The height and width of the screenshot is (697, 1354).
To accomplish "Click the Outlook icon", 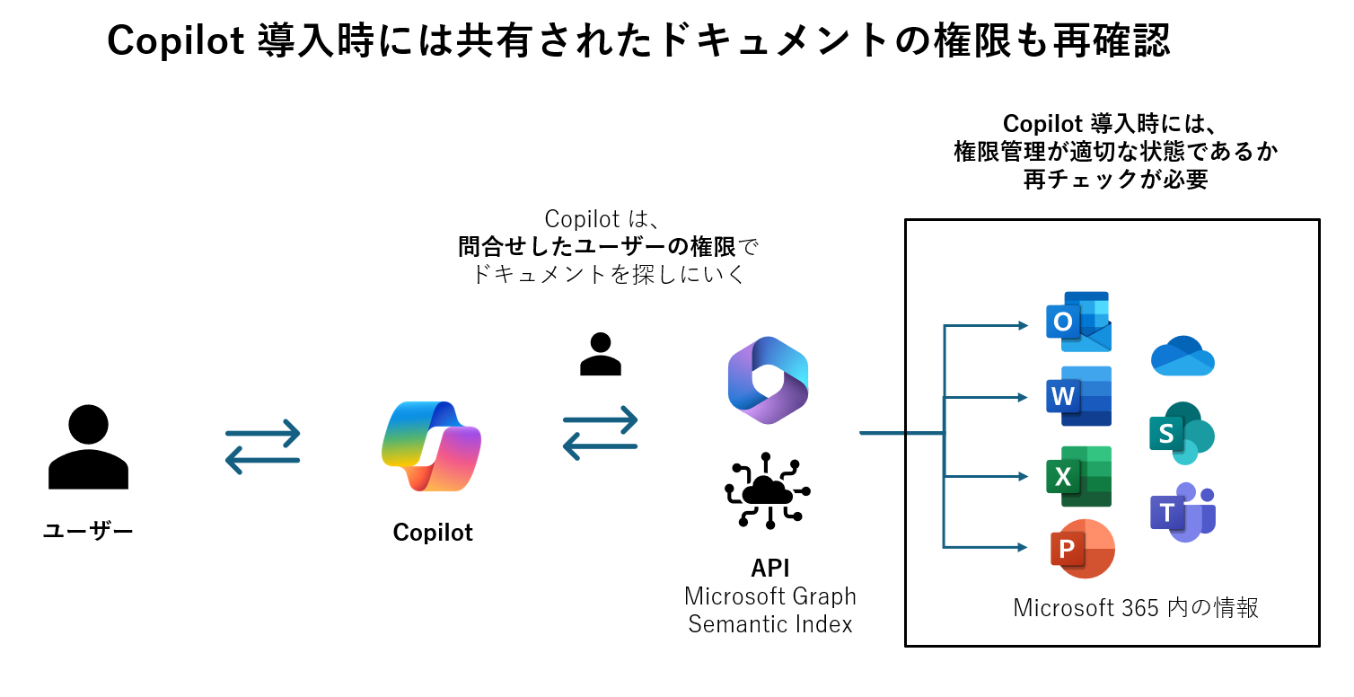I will (x=1078, y=322).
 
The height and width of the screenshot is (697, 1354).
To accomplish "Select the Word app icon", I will (x=1078, y=396).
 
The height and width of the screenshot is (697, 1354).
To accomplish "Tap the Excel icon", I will (x=1078, y=476).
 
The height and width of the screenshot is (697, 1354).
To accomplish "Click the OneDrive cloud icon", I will (x=1183, y=356).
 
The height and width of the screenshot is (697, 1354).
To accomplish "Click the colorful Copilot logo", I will (x=431, y=446).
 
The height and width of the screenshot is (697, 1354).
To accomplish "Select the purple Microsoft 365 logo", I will (x=769, y=380).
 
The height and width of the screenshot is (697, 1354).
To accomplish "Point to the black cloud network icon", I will (x=768, y=490).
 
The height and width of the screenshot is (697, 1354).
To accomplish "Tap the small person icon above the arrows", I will (x=600, y=354).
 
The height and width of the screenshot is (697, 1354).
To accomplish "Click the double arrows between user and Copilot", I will (x=262, y=446).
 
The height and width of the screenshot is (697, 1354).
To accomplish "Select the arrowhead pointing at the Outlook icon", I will (x=1024, y=325).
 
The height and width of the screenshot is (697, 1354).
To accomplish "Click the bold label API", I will (x=770, y=568).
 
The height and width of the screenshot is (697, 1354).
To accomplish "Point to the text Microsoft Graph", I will (x=770, y=596).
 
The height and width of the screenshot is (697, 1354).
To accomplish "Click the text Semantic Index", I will (x=770, y=624).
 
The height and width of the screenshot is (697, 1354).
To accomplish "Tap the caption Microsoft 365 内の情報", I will (x=1136, y=608).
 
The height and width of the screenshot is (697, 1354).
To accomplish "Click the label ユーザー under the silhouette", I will (x=88, y=531).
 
